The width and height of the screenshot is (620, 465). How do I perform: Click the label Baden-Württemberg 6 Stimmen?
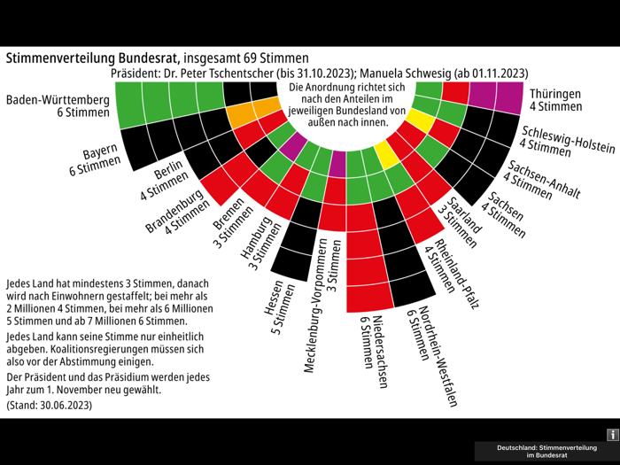pos(58,105)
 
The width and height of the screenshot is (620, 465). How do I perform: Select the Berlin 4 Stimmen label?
pos(163,180)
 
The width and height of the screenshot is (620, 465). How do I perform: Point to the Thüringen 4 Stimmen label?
pos(555,99)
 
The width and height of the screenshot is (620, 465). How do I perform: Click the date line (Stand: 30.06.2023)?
pos(49,405)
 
